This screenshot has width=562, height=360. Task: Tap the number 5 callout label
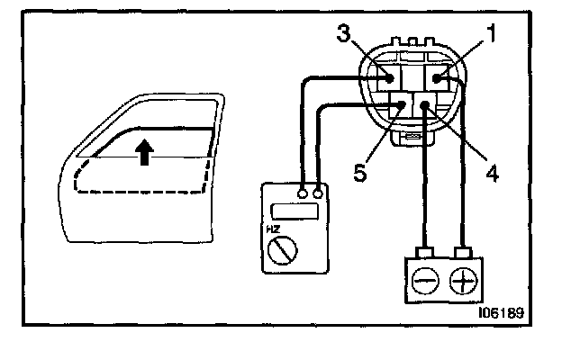pos(360,172)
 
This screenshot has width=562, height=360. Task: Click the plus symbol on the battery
pos(465,282)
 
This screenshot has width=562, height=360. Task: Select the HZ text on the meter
pos(270,229)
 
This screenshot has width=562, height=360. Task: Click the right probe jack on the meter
pos(318,193)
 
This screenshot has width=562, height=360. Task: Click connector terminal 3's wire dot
pos(390,79)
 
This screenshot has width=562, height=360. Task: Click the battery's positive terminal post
pos(464,253)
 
